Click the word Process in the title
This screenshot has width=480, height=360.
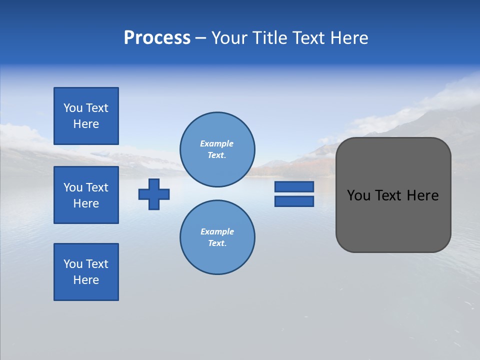tap(157, 38)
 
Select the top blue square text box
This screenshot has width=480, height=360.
tap(86, 116)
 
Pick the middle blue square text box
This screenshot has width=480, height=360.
tap(86, 195)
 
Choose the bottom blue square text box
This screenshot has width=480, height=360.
tap(86, 272)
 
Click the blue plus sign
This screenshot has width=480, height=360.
tap(154, 194)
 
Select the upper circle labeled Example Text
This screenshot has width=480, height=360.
tap(217, 149)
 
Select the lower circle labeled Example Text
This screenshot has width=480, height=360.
tap(217, 237)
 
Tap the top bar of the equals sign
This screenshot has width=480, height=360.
tap(294, 186)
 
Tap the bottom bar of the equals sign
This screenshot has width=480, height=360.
tap(294, 201)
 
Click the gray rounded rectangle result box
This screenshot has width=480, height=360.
tap(393, 220)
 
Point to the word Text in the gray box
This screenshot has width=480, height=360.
tap(389, 195)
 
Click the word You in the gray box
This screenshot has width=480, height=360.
tap(358, 195)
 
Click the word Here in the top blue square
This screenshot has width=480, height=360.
tap(86, 124)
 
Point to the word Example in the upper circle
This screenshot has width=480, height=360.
tap(217, 144)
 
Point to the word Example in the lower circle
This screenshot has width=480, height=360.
tap(217, 232)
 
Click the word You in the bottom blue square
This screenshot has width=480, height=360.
tap(73, 264)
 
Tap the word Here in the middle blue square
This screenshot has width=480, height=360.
tap(86, 203)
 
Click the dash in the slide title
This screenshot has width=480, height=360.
tap(201, 38)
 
